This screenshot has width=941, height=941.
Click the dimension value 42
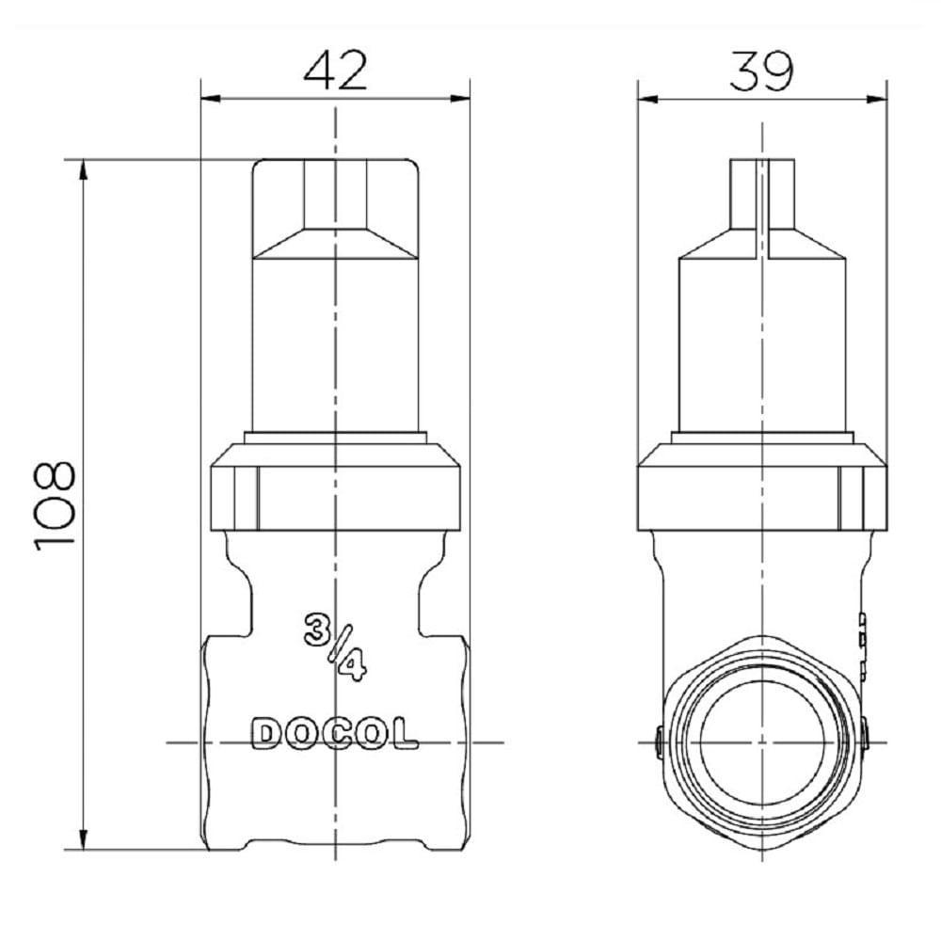336,71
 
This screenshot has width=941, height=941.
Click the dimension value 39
762,71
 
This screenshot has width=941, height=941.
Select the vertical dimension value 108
55,505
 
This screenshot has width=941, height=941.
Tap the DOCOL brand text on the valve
335,734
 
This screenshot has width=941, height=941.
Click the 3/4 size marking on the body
335,646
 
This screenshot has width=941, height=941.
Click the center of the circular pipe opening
762,742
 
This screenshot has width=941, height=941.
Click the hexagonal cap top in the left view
335,207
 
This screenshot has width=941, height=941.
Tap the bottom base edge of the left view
335,846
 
